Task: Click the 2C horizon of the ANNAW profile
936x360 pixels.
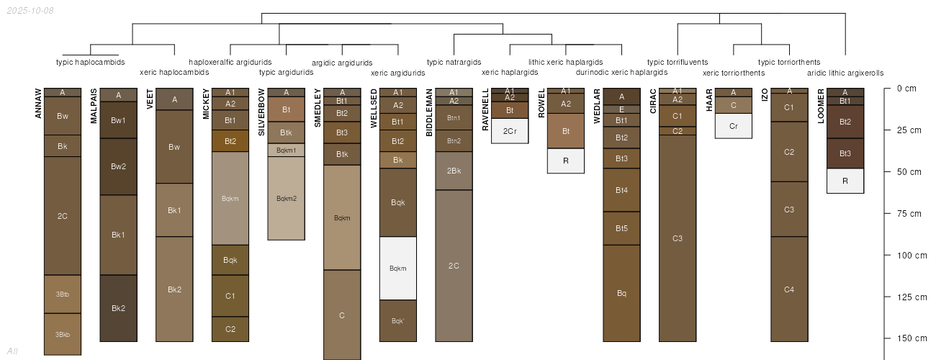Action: (63, 216)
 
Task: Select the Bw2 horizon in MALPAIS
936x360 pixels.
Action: (119, 166)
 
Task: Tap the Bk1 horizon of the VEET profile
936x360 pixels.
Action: (174, 210)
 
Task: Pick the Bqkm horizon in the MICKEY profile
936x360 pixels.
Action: (230, 198)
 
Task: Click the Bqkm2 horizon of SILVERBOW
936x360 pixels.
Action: (287, 198)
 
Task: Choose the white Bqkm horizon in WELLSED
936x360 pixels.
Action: (398, 268)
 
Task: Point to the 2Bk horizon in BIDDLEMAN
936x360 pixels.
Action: (454, 171)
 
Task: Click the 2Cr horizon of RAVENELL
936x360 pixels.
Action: (510, 130)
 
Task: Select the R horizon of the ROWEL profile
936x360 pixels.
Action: (566, 161)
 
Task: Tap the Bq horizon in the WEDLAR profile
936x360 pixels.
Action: (622, 293)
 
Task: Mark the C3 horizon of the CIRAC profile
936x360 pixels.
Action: (678, 238)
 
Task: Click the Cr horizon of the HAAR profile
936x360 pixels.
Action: (734, 125)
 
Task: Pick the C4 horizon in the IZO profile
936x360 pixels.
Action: (789, 289)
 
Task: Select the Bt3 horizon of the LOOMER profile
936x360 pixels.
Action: (845, 153)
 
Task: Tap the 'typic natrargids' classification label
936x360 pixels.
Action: (454, 62)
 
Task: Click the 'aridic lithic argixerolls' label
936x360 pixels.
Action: (845, 73)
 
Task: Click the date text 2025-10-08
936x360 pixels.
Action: (29, 11)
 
